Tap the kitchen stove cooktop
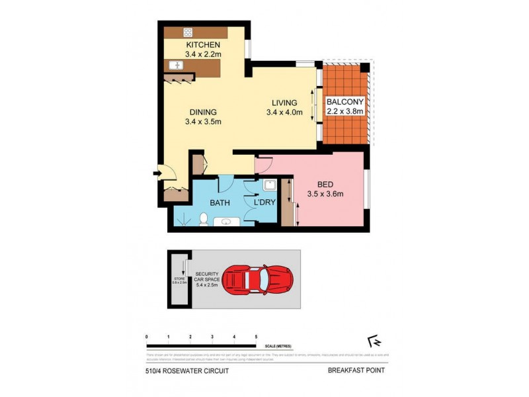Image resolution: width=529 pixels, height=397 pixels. pos(188,32)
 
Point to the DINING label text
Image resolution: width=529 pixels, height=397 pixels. pos(202,112)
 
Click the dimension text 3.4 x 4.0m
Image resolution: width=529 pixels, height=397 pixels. pos(284,112)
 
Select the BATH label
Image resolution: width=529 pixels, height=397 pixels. pos(220,202)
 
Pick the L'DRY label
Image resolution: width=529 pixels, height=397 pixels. pos(265,202)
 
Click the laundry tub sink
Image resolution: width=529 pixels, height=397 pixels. pos(269,185)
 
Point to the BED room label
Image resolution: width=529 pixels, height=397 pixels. pos(325,183)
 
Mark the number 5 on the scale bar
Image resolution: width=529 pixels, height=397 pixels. pos(255,337)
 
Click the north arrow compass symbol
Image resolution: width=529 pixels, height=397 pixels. pos(376,341)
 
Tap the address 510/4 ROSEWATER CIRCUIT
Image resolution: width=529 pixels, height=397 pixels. pos(187,371)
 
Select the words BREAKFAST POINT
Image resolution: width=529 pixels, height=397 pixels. pos(356,371)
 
